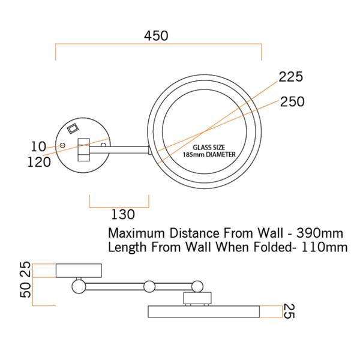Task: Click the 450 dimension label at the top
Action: click(x=156, y=36)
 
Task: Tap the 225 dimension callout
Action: click(x=291, y=77)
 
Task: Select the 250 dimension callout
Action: click(x=292, y=101)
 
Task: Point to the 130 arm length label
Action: click(x=123, y=214)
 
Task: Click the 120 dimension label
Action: click(x=39, y=162)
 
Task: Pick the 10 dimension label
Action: click(x=38, y=146)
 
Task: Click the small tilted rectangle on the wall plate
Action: click(x=73, y=128)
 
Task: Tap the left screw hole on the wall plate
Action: click(x=62, y=145)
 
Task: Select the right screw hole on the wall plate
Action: click(x=104, y=145)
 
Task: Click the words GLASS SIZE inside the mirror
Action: click(x=209, y=147)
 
